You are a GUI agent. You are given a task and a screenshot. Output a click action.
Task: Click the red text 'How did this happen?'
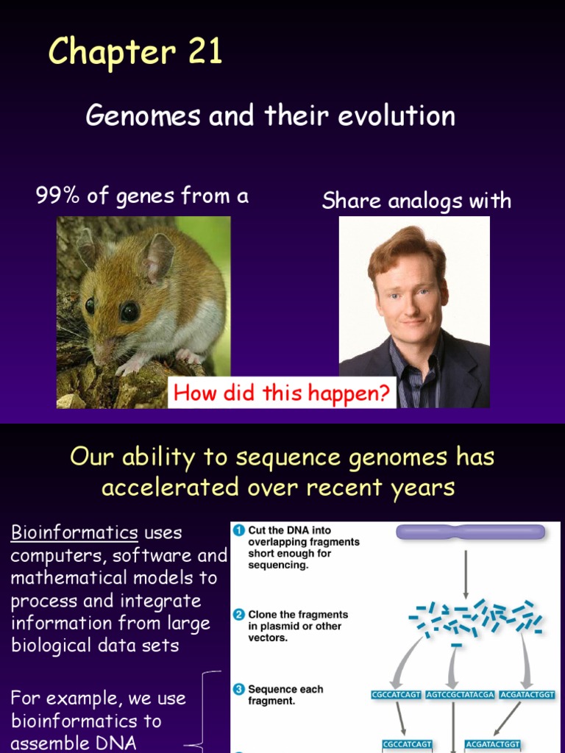click(281, 393)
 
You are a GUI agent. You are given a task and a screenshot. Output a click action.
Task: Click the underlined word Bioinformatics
click(74, 532)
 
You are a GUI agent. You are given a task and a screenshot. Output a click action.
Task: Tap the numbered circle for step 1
click(238, 530)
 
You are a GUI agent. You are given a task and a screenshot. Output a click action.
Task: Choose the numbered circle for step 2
click(238, 615)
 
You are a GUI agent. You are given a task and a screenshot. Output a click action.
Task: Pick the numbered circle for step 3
click(238, 690)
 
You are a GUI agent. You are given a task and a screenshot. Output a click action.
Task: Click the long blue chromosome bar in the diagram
click(471, 532)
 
